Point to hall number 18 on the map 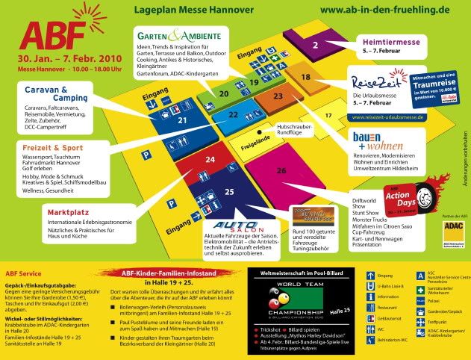click(x=305, y=76)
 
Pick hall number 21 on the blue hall click(x=181, y=118)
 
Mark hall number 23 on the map click(x=278, y=96)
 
